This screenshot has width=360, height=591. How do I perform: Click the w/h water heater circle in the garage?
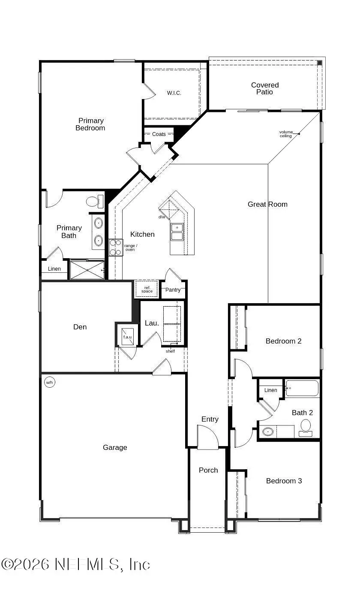tap(49, 382)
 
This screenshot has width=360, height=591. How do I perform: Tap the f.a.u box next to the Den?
tap(127, 335)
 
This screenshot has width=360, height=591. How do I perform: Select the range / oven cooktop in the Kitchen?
tap(116, 247)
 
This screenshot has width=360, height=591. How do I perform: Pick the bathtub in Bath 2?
tap(302, 388)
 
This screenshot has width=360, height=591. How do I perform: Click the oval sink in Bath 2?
tap(268, 431)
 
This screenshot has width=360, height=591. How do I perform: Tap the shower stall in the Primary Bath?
tap(87, 270)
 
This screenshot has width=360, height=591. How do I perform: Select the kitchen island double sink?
tap(177, 232)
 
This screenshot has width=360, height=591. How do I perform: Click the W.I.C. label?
tap(174, 93)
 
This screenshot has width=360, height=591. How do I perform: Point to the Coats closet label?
tap(159, 134)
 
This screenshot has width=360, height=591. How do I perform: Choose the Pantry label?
tap(173, 290)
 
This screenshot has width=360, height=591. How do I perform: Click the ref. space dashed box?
tap(147, 289)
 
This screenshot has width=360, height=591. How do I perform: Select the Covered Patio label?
tap(265, 88)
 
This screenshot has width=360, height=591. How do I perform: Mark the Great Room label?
tap(267, 204)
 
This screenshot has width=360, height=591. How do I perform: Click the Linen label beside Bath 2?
tap(270, 390)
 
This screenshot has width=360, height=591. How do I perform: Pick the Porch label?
tap(208, 470)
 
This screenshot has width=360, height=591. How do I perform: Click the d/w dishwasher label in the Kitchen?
tap(162, 217)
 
